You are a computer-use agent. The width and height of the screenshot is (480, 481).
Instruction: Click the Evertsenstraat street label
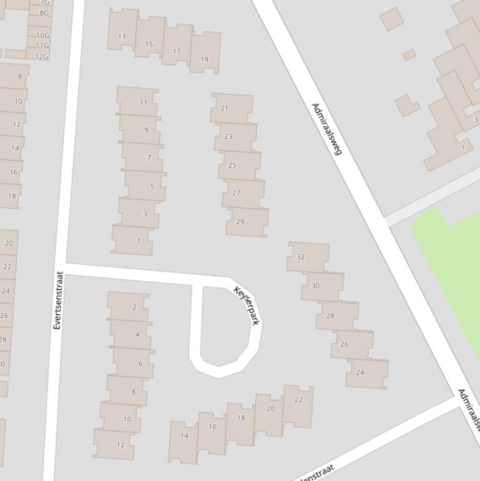click(58, 300)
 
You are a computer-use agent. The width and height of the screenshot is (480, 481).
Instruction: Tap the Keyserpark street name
click(247, 305)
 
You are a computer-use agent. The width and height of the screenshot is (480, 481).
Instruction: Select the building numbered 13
click(122, 36)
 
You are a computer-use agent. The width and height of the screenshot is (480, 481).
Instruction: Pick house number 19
click(204, 59)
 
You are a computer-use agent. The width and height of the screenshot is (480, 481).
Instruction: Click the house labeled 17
click(177, 51)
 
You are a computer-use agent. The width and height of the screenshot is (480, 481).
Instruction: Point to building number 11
click(144, 102)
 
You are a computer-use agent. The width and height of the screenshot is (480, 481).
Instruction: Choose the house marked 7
click(149, 157)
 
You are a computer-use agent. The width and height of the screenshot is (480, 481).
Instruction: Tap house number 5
click(152, 186)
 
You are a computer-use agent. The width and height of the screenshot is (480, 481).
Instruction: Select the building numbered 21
click(224, 108)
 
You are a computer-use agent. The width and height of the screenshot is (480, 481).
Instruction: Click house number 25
click(232, 166)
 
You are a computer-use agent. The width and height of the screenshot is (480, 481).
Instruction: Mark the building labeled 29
click(240, 222)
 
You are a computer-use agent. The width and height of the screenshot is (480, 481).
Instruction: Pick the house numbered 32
click(301, 257)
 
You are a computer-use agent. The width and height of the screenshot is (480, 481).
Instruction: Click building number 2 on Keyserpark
click(134, 307)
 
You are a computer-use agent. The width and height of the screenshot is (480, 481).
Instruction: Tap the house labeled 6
click(140, 364)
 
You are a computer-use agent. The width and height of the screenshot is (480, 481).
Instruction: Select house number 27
click(236, 193)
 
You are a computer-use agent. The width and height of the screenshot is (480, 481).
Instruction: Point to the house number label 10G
click(42, 36)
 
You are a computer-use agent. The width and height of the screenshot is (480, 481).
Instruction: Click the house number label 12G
click(41, 56)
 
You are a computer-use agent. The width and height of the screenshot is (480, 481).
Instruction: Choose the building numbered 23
click(228, 136)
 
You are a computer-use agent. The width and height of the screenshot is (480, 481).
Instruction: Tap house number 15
click(149, 44)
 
